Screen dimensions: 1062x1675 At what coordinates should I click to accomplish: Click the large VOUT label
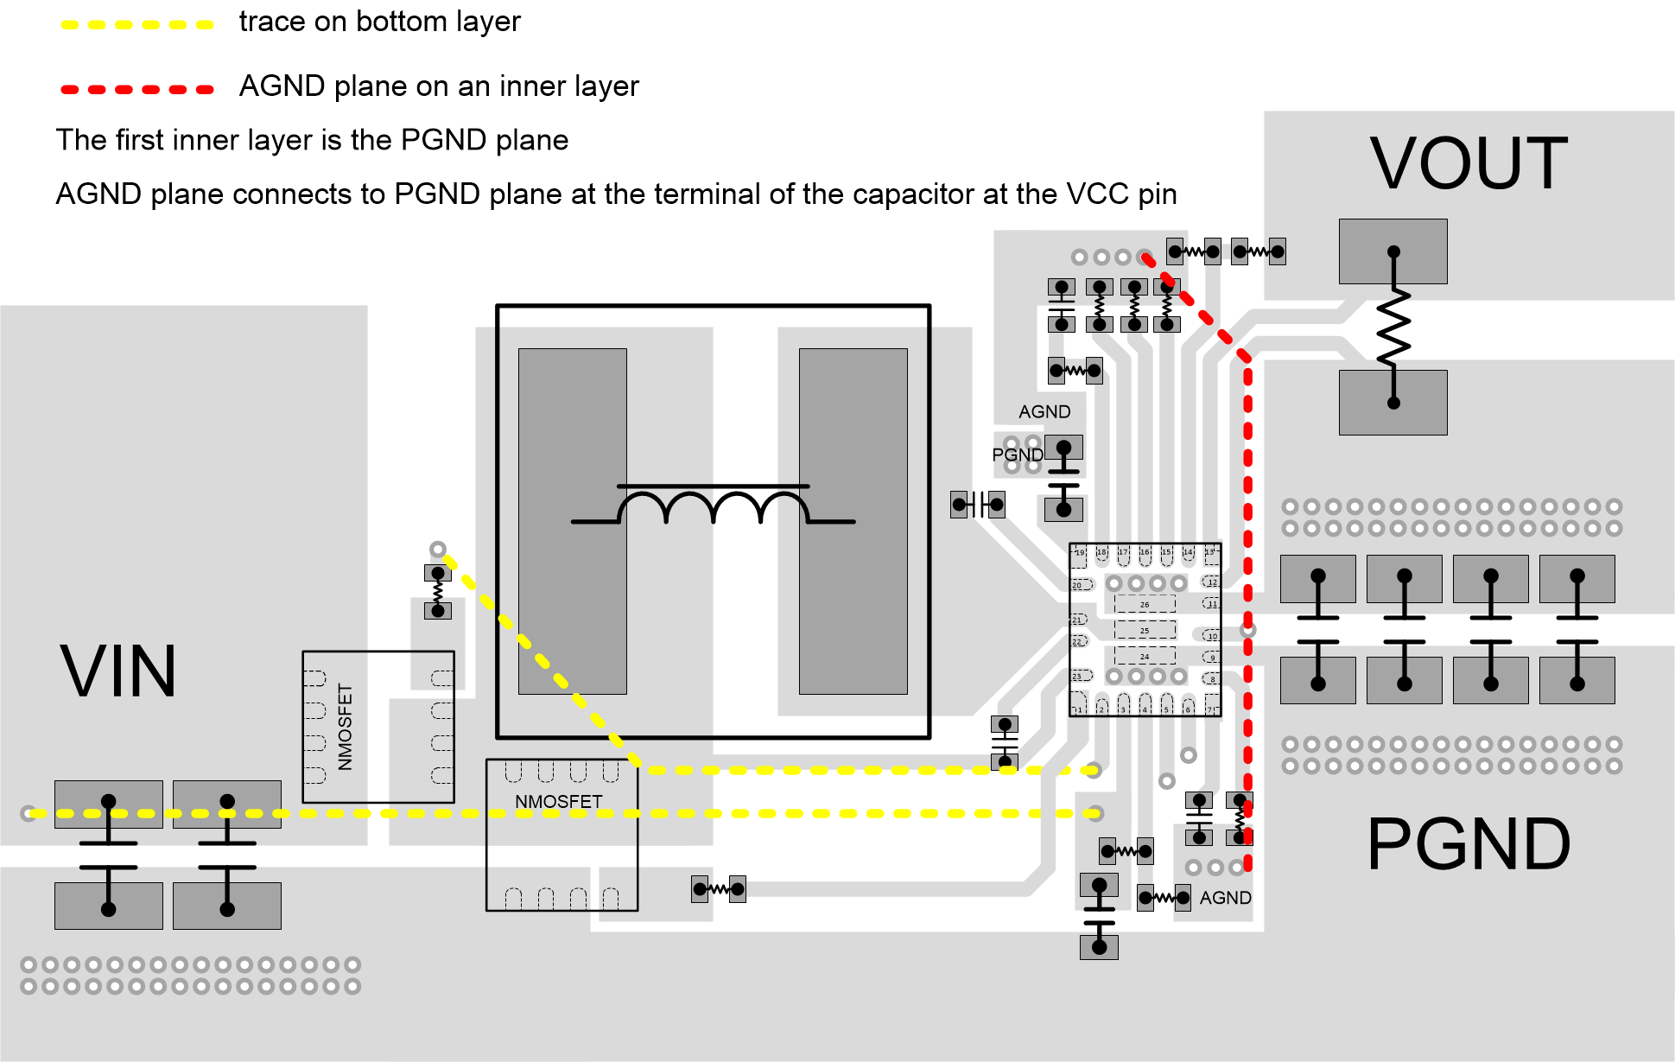coord(1468,163)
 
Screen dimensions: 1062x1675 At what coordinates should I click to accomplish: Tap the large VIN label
coord(118,671)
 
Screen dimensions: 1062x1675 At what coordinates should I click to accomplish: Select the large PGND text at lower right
coord(1468,844)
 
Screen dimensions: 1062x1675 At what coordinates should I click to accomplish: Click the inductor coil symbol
coord(714,506)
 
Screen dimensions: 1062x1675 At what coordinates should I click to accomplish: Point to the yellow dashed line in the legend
coord(137,24)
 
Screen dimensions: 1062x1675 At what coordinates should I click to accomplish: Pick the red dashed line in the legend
coord(137,89)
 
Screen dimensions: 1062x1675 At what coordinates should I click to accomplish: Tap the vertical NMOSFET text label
coord(346,727)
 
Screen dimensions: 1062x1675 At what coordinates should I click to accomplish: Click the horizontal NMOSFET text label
coord(558,802)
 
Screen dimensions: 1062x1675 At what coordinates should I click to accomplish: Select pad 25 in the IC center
coord(1145,630)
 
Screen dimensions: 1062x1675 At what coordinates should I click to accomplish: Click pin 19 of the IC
coord(1079,554)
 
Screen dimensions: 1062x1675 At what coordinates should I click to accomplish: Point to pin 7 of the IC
coord(1210,708)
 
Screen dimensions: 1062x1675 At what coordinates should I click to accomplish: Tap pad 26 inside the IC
coord(1145,604)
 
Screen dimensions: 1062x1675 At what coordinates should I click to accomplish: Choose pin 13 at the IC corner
coord(1210,552)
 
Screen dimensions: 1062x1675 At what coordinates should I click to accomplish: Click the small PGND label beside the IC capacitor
coord(1017,455)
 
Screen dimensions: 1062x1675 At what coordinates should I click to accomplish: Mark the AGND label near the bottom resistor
coord(1225,898)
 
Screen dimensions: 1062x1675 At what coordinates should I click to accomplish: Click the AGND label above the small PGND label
coord(1044,412)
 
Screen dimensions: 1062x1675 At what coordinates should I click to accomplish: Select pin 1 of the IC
coord(1079,708)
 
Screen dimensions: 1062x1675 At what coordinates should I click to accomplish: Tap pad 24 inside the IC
coord(1145,656)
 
